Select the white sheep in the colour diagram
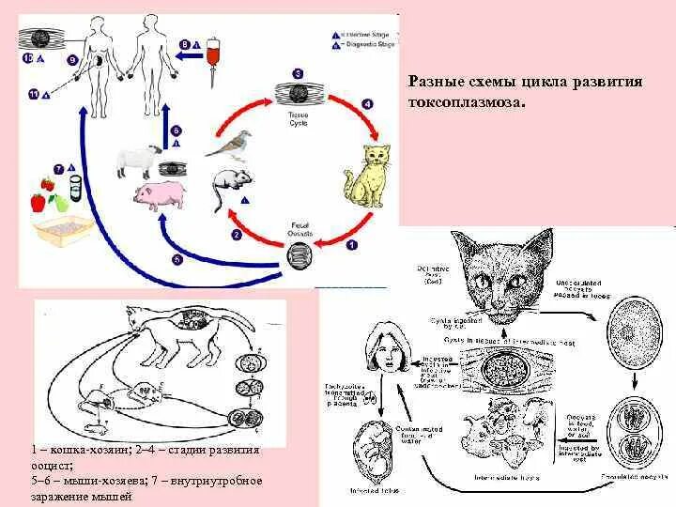[137, 161]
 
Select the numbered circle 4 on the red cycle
[366, 104]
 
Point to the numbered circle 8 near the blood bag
[185, 43]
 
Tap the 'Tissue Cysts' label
[298, 118]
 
